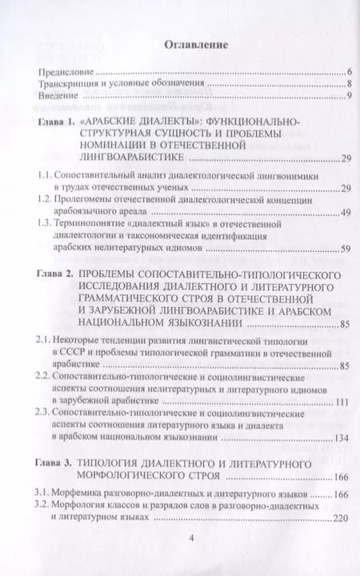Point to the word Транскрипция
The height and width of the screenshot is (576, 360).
click(x=67, y=85)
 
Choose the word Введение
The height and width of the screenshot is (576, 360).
click(x=55, y=97)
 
